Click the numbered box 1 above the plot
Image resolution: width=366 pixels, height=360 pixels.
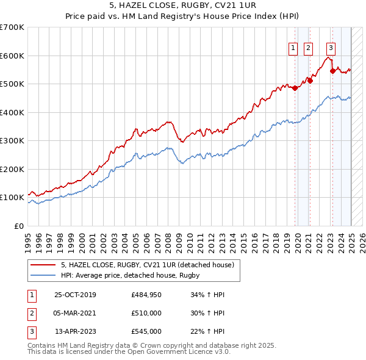(293, 48)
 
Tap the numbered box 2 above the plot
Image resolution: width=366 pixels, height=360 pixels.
(308, 48)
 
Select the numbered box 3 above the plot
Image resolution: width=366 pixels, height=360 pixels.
(331, 48)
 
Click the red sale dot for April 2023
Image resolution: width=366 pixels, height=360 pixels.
(332, 71)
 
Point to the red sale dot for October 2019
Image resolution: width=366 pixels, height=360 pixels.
(295, 88)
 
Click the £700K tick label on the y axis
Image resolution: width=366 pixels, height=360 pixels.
(12, 27)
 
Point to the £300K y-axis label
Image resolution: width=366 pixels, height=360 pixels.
(12, 140)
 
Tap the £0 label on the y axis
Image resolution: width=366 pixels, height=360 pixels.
(18, 226)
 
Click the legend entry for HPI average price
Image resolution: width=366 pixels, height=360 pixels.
(131, 276)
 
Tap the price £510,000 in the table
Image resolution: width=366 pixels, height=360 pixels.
(146, 313)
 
